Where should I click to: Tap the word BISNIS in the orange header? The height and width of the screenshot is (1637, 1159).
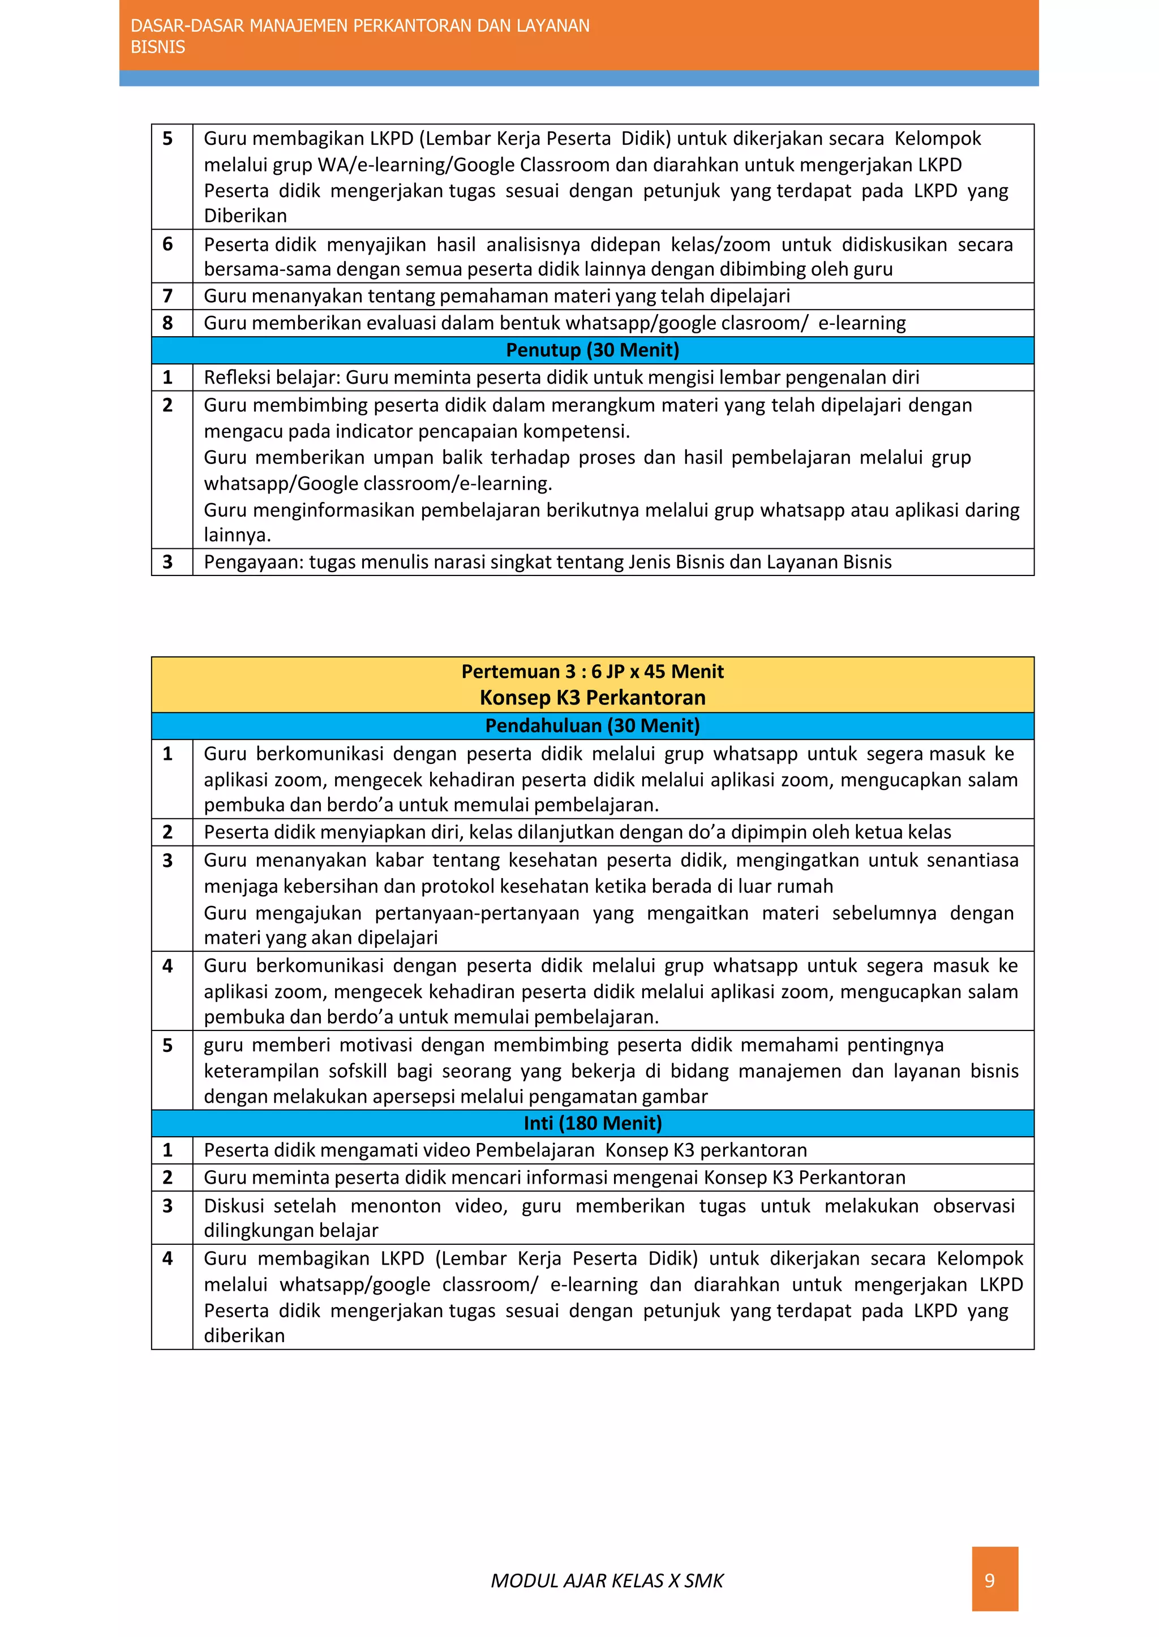coord(158,47)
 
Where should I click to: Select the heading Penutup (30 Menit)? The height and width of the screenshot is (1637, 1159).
coord(593,350)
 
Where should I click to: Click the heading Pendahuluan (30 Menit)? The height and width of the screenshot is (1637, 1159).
coord(593,726)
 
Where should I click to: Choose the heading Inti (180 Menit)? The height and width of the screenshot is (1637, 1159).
coord(593,1123)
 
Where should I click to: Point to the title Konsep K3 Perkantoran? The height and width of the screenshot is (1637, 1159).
coord(593,697)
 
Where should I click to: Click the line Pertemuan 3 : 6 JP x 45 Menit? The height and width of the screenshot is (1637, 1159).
coord(593,672)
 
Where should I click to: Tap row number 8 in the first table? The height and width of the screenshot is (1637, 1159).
coord(168,323)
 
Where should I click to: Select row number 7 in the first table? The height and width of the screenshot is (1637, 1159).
coord(168,296)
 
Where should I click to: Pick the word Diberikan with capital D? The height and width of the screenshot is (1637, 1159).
coord(245,216)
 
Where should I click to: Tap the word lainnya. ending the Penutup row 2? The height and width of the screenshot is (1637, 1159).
coord(237,535)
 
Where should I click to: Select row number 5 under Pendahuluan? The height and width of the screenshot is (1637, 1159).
coord(168,1046)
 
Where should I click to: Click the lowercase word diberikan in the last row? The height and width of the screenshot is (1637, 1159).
coord(244,1336)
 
